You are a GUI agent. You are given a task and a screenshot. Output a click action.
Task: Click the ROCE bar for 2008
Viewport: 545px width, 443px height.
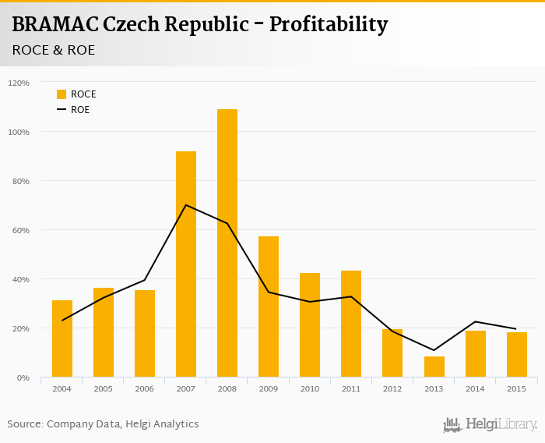click(x=227, y=243)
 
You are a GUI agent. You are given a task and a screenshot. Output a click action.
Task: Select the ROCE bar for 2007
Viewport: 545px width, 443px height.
click(x=186, y=264)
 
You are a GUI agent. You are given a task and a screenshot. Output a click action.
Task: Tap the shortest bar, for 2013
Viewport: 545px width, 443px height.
click(x=434, y=367)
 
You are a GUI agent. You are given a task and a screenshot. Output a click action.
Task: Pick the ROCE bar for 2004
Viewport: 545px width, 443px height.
click(x=62, y=338)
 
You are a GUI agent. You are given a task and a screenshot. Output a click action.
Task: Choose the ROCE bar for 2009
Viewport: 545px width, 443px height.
click(x=269, y=307)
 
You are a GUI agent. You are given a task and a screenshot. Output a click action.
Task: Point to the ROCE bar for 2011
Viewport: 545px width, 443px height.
click(x=351, y=324)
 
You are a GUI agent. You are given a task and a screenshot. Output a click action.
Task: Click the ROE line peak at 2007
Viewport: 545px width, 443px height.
click(x=186, y=205)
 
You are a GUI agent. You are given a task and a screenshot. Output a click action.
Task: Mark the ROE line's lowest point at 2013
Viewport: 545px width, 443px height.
click(x=434, y=350)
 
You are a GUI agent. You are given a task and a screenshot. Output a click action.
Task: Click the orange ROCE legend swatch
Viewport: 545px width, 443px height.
click(x=62, y=94)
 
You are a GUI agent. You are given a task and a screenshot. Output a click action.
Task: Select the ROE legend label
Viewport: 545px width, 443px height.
click(x=80, y=110)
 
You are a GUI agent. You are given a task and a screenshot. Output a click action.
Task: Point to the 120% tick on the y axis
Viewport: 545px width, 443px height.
click(x=19, y=83)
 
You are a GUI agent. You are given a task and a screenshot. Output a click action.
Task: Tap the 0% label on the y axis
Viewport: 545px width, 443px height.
click(x=23, y=377)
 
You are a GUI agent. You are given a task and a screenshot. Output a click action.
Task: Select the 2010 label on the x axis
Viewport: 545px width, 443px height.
click(x=310, y=388)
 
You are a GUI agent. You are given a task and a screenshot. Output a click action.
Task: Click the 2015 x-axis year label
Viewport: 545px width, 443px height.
click(x=516, y=388)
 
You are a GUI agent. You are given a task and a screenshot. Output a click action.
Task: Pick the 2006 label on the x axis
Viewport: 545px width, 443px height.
click(x=145, y=388)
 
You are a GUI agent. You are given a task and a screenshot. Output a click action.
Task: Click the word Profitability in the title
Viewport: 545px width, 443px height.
click(x=328, y=24)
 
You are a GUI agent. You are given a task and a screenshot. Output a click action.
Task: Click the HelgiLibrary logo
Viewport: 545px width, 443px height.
click(x=490, y=425)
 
